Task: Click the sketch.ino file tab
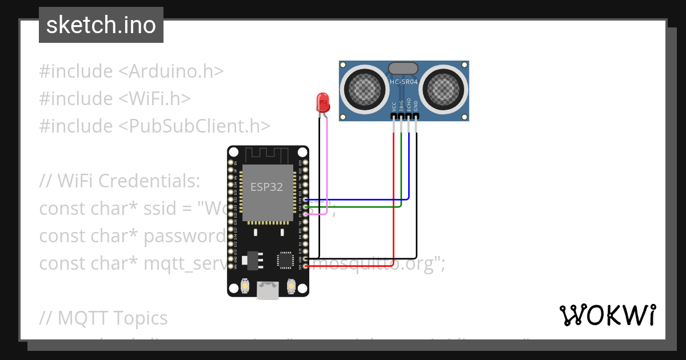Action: pos(101,26)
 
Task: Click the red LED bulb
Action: pos(323,103)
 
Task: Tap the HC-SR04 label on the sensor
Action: pos(404,82)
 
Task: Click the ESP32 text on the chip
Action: pos(266,187)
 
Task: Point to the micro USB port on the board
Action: pos(268,290)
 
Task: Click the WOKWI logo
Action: pos(607,315)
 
